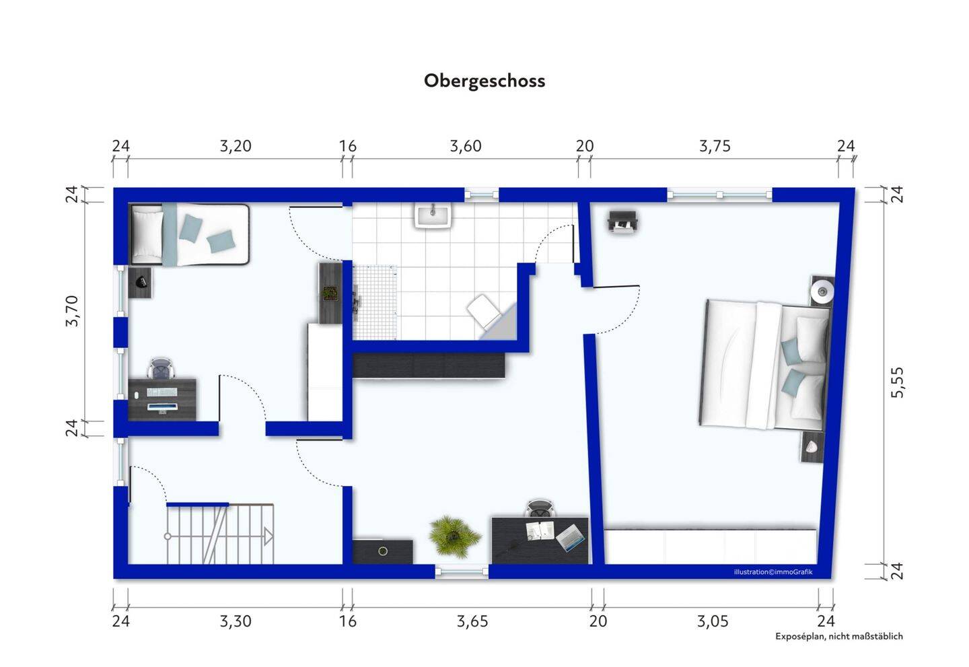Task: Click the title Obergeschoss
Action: (484, 81)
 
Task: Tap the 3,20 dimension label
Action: (236, 146)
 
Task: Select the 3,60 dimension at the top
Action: (466, 146)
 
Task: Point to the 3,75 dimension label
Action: (715, 146)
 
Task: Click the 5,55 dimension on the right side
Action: (898, 382)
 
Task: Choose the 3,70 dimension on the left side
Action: (72, 311)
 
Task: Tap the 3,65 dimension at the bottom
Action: (472, 622)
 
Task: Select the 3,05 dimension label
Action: (713, 622)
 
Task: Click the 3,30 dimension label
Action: (236, 622)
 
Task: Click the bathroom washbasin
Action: (433, 215)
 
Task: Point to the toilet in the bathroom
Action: (485, 312)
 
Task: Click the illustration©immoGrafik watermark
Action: (773, 572)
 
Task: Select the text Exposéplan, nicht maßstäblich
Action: (838, 636)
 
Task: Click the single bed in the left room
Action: (190, 234)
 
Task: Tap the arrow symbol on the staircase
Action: (268, 537)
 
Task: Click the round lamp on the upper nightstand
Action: (821, 292)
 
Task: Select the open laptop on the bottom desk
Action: (569, 538)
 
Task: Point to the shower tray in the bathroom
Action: (375, 303)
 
